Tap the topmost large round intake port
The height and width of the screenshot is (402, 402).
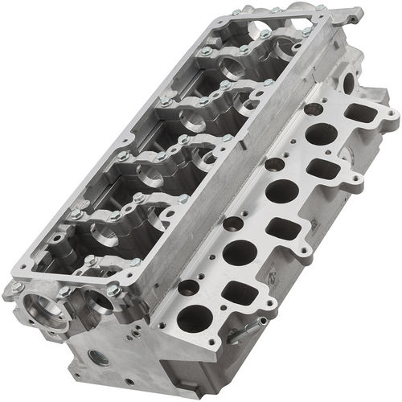click(x=321, y=135)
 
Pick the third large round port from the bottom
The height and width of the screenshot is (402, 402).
click(x=281, y=191)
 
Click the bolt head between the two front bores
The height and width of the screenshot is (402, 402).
click(x=64, y=292)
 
